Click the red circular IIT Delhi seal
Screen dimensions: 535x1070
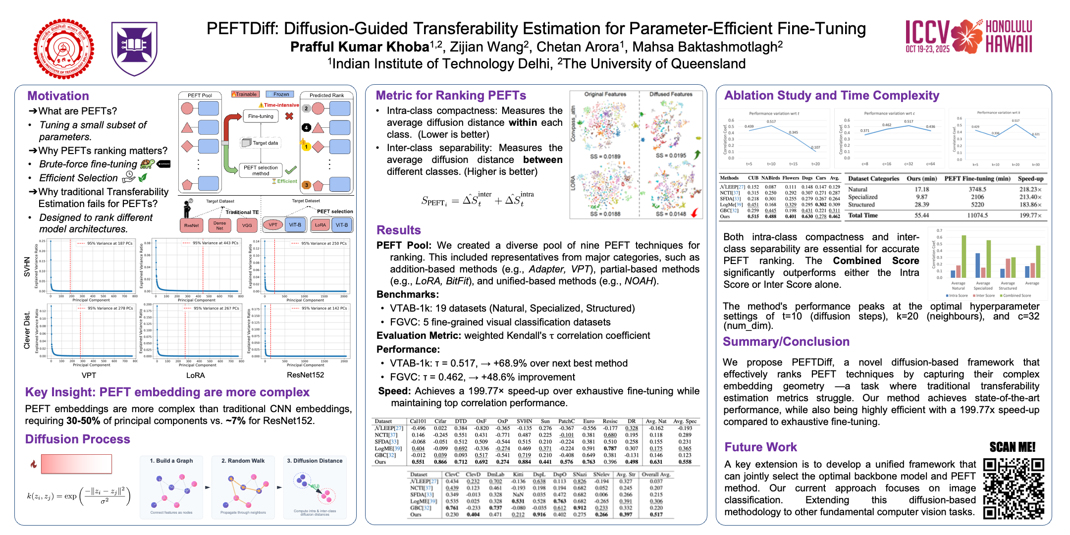pos(64,49)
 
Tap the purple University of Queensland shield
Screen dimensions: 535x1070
pos(134,48)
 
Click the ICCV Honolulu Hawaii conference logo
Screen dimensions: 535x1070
pos(968,37)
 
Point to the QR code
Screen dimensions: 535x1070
pos(1014,488)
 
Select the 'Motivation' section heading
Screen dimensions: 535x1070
pos(58,96)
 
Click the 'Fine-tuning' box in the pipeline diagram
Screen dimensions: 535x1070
pos(261,116)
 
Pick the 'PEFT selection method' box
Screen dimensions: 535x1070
pos(261,170)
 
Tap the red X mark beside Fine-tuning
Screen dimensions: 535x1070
pos(289,116)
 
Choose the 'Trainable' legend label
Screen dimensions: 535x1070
pos(245,94)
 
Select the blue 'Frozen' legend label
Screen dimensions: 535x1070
pos(280,94)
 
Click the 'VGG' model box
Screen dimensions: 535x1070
pos(247,225)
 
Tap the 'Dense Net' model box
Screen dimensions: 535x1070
pos(219,225)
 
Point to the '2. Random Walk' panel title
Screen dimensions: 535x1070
pos(243,461)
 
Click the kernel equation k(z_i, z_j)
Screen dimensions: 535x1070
pos(78,495)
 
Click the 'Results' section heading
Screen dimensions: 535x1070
pos(398,230)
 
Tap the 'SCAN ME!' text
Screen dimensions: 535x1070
pos(1012,447)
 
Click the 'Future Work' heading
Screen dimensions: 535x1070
pos(760,447)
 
